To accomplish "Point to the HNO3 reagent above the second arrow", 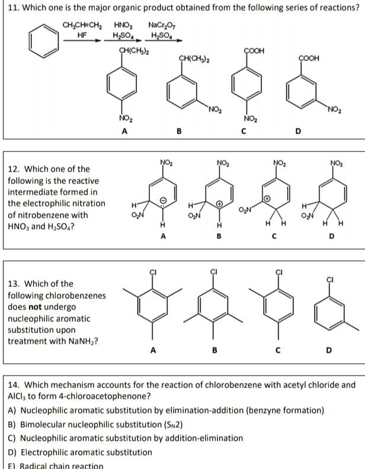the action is click(x=123, y=25).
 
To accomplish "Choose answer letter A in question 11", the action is click(x=124, y=132).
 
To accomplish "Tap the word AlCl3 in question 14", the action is click(x=17, y=396).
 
